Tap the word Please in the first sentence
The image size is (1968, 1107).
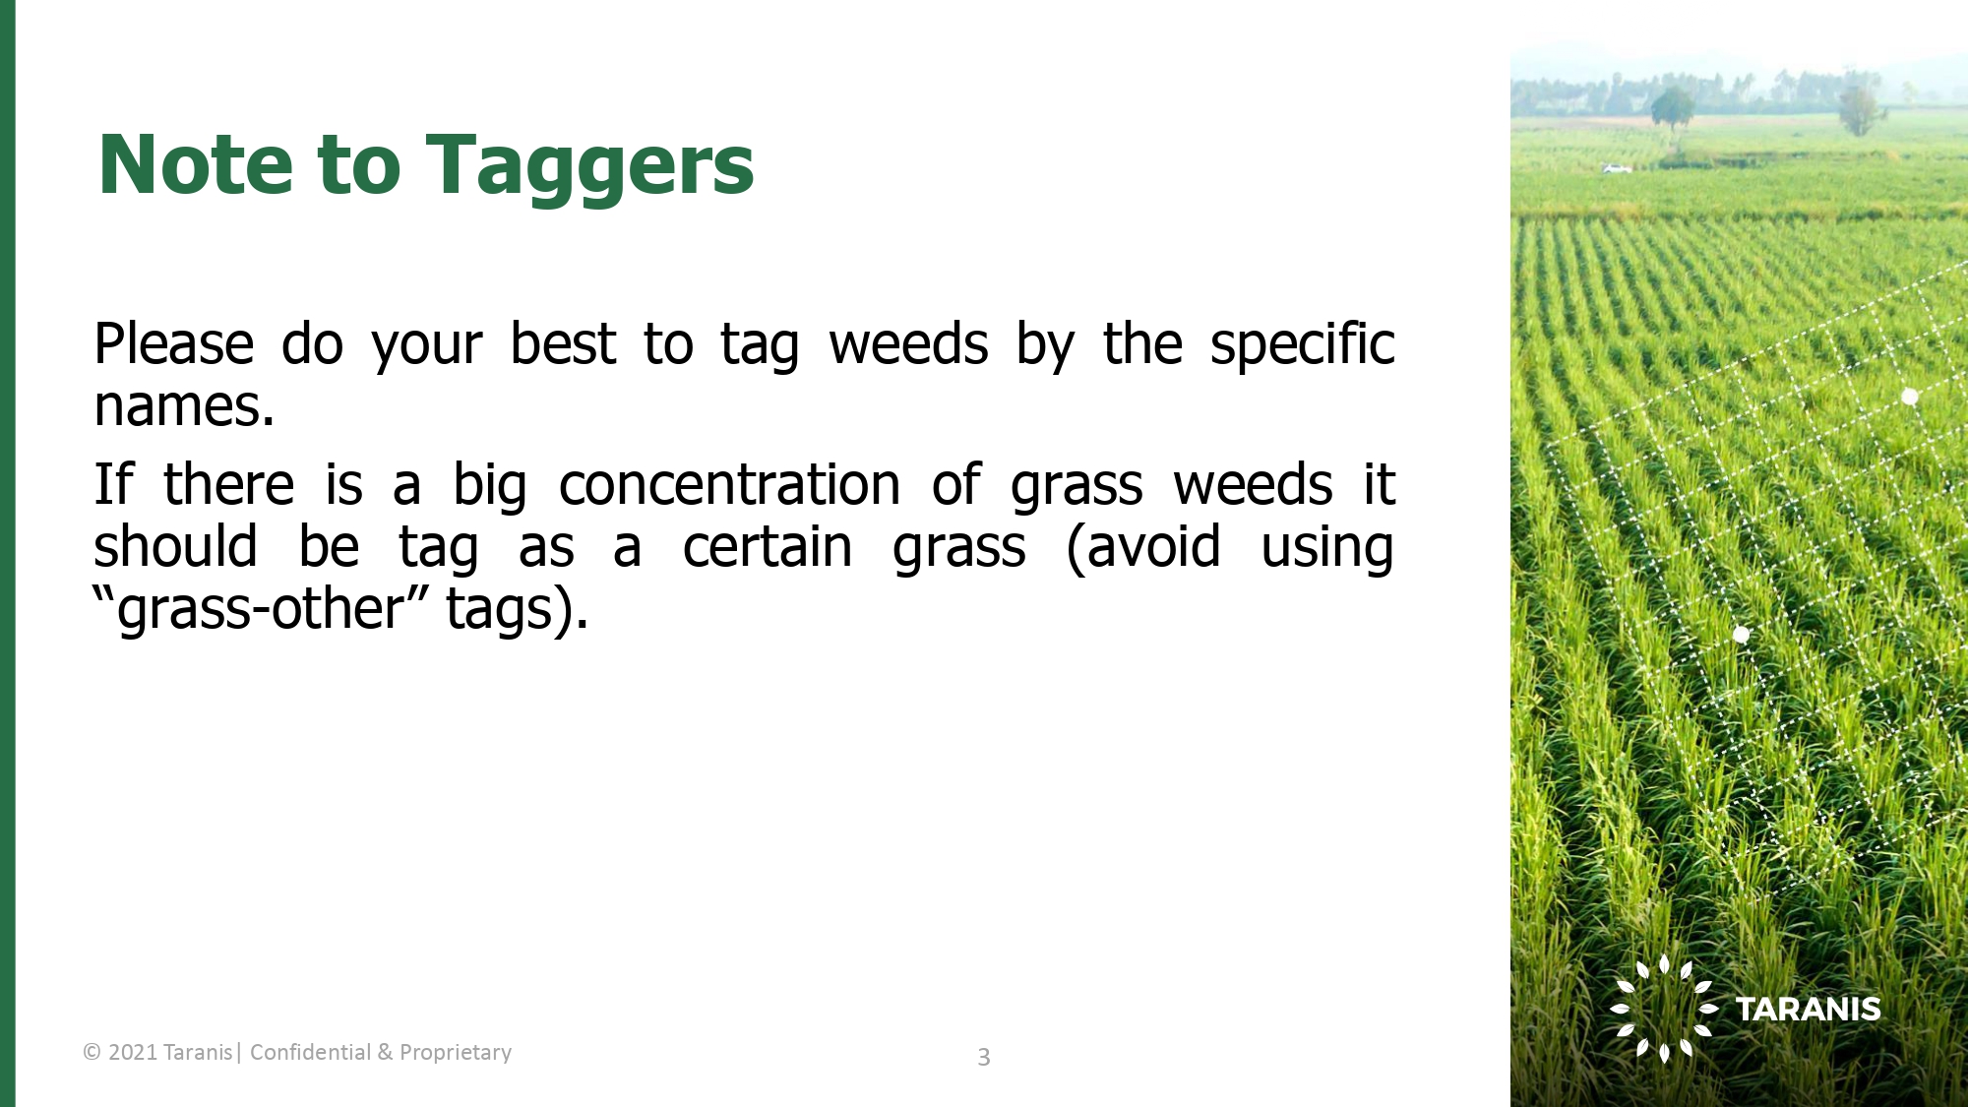click(x=174, y=344)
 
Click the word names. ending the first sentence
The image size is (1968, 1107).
click(x=184, y=406)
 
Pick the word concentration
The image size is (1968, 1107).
click(x=729, y=485)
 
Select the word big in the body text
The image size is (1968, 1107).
click(x=489, y=487)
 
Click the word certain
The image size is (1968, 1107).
click(x=768, y=547)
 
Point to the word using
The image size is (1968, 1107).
click(x=1327, y=549)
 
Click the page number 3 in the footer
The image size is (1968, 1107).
click(x=983, y=1057)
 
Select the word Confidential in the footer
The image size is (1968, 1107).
click(x=310, y=1052)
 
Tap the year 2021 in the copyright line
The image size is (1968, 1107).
click(x=133, y=1053)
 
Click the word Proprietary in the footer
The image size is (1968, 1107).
click(x=456, y=1053)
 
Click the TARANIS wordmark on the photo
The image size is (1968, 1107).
click(x=1808, y=1010)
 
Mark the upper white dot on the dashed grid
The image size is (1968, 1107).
click(x=1909, y=397)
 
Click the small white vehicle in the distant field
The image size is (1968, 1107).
click(x=1617, y=168)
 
